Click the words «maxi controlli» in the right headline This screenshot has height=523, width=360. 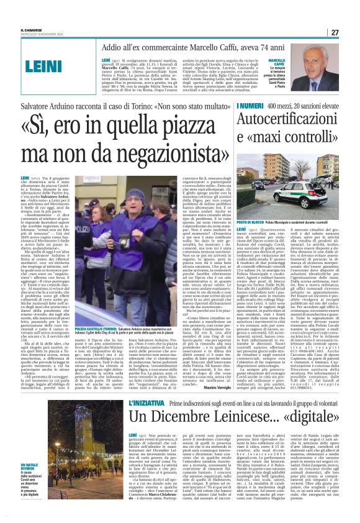click(284, 151)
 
